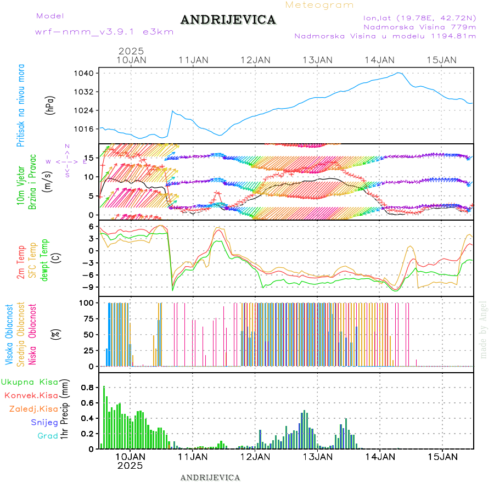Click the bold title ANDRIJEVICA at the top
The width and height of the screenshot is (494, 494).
pos(228,20)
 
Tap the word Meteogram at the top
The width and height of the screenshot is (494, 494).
pos(319,5)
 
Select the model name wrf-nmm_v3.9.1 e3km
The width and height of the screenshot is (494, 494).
pos(104,32)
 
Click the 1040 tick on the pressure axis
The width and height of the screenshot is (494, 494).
pos(88,73)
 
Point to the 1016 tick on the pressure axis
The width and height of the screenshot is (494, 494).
pos(88,129)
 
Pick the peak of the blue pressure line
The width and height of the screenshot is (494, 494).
pos(398,72)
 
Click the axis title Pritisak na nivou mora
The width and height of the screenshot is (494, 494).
pos(21,106)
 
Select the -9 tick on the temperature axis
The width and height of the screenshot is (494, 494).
pos(89,287)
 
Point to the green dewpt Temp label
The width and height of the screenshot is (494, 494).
pos(44,259)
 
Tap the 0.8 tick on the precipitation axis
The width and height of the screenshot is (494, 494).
pos(87,388)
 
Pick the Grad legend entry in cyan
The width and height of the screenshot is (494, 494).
pos(47,436)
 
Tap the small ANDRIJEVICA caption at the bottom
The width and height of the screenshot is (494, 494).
pos(210,478)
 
